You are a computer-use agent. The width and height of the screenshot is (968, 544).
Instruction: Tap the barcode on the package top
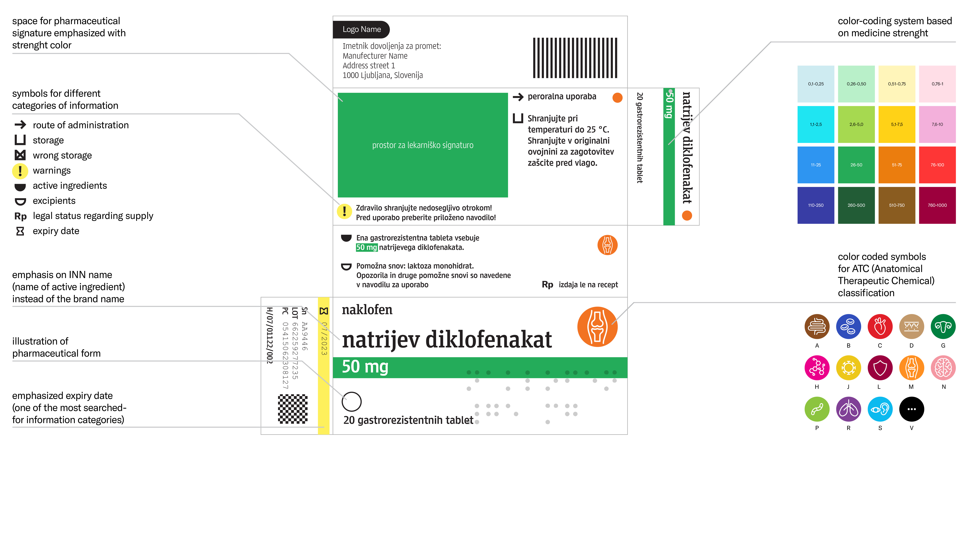[575, 58]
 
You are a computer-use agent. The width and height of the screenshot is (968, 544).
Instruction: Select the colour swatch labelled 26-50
[856, 165]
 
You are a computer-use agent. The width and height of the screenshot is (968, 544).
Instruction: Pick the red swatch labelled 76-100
[937, 165]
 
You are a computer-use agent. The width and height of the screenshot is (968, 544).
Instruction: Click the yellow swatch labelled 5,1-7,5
[897, 124]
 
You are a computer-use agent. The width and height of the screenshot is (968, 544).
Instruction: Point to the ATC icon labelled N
[943, 368]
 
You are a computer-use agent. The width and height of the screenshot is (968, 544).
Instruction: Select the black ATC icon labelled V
[912, 409]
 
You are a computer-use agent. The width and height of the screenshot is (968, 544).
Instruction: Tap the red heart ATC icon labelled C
[880, 326]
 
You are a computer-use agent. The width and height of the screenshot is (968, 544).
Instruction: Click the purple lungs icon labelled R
[848, 409]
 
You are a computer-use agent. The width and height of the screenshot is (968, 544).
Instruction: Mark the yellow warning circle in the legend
[20, 171]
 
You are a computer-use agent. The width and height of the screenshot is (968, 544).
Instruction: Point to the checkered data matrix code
[293, 409]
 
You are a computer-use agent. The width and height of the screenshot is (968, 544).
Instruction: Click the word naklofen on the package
[367, 310]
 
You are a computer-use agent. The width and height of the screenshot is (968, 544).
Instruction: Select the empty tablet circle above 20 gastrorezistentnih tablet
[352, 402]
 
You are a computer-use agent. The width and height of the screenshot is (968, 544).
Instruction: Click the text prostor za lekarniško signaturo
[423, 145]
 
